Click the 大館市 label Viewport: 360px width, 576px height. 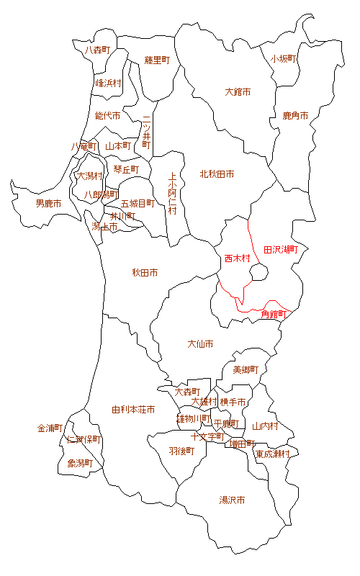pos(238,92)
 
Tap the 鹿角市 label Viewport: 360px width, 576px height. pos(295,115)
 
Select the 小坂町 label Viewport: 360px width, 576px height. pos(284,59)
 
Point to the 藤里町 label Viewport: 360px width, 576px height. pos(156,60)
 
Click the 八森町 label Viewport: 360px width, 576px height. pos(97,50)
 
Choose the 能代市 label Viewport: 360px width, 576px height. pos(107,115)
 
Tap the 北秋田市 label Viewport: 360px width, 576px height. pos(217,174)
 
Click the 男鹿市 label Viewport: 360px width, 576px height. pos(48,204)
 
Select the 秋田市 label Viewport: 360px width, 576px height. pos(145,273)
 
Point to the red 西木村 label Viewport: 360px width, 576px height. pos(236,258)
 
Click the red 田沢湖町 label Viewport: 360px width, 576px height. pos(281,249)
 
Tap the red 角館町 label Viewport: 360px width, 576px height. pos(274,314)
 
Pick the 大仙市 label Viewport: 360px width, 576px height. pos(200,344)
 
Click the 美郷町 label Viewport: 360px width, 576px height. pos(245,369)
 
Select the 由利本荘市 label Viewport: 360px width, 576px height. pos(133,410)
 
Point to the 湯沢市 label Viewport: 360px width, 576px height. pos(232,500)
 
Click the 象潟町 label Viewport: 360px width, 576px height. pos(81,463)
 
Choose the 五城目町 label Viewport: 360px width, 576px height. pos(138,203)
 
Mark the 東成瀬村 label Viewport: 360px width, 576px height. pos(272,454)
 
